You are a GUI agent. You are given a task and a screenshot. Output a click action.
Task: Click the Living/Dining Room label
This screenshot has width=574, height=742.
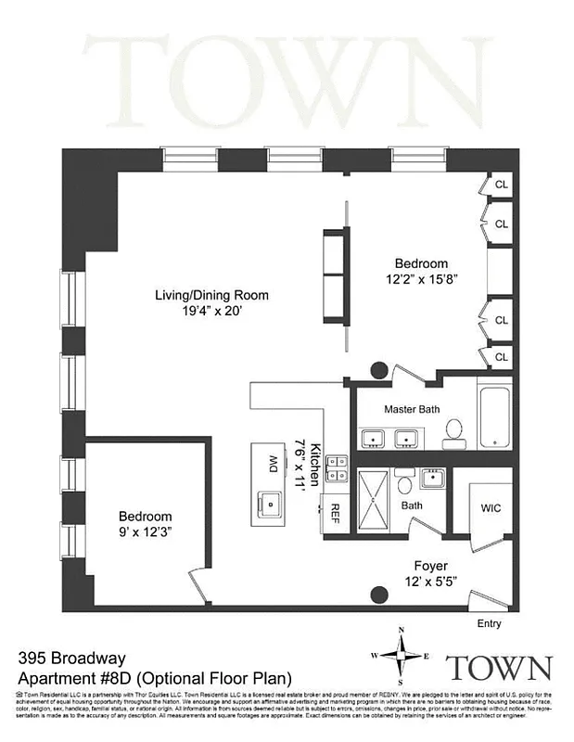pos(211,296)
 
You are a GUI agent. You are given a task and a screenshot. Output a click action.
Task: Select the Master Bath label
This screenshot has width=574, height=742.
pos(412,409)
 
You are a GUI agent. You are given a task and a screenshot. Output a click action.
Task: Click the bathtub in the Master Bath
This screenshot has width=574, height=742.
pos(494,416)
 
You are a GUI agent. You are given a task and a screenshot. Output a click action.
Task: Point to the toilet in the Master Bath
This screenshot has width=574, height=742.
pos(454,431)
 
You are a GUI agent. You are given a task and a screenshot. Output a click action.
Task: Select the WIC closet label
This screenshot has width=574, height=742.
pos(491,509)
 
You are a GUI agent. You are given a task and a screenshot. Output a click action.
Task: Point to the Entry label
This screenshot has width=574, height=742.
pos(491,624)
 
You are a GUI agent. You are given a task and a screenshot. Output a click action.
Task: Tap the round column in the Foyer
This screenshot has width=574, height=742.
pos(379,595)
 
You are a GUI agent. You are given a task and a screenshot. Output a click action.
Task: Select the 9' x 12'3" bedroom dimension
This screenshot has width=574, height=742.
pos(144,532)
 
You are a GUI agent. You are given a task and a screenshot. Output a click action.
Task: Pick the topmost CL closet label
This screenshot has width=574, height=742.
pos(501,183)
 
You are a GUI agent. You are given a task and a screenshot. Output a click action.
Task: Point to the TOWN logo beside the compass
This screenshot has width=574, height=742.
pos(500,667)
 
